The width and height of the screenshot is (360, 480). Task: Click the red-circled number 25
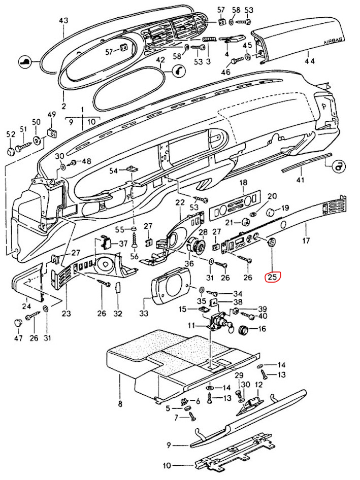[x=273, y=277]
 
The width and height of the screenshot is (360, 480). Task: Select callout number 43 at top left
[x=63, y=21]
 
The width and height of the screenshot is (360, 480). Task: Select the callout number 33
[x=144, y=314]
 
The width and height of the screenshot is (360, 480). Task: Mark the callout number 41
[x=300, y=180]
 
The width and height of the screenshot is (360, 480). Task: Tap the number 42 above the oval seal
[x=160, y=60]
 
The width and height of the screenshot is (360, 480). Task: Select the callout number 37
[x=123, y=244]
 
